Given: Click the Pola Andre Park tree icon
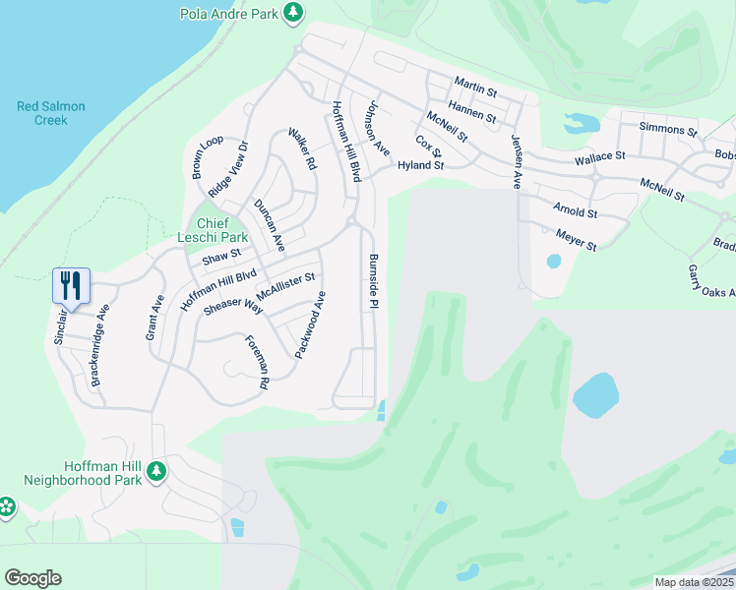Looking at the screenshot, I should point(292,12).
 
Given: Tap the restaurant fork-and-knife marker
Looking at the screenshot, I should point(71,286).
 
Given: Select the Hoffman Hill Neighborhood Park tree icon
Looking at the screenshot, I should point(155,473).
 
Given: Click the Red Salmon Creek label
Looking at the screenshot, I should point(51,113).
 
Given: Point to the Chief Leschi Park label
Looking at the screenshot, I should point(209,230).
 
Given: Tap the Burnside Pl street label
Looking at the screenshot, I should point(374,282).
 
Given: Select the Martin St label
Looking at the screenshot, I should point(476,88).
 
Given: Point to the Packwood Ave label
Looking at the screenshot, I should point(311,324).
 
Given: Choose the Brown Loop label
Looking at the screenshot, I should point(207,157).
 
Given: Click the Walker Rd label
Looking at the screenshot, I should point(301,147).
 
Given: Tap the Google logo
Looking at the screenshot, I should point(32,578).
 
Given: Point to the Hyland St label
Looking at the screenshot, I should point(421,166).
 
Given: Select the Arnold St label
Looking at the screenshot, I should point(575,210).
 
